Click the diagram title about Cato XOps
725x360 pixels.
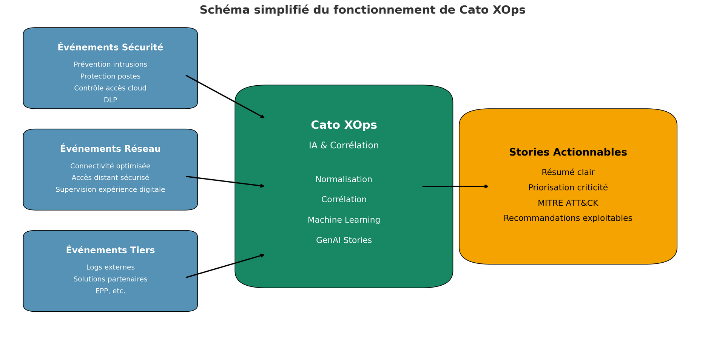point(362,10)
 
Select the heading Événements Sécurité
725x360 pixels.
point(110,47)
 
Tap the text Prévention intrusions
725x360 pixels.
point(110,65)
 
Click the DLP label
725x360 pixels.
point(110,100)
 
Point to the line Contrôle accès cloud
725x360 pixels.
point(110,88)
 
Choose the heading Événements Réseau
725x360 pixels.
point(110,149)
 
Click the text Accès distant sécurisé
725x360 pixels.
point(110,178)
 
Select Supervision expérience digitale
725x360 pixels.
point(110,189)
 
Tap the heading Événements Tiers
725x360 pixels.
point(110,250)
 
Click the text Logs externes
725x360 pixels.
point(110,267)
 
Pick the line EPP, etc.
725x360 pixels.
point(110,291)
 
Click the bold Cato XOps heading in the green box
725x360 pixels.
point(344,125)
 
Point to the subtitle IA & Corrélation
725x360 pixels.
point(344,146)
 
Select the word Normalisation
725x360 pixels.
point(344,180)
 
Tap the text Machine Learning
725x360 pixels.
point(344,220)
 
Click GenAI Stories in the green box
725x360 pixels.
point(344,240)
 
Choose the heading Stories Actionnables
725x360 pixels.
point(568,152)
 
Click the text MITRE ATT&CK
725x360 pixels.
point(568,203)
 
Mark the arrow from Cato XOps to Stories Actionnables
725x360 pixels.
point(456,186)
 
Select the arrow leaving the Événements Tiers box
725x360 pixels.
point(225,266)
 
